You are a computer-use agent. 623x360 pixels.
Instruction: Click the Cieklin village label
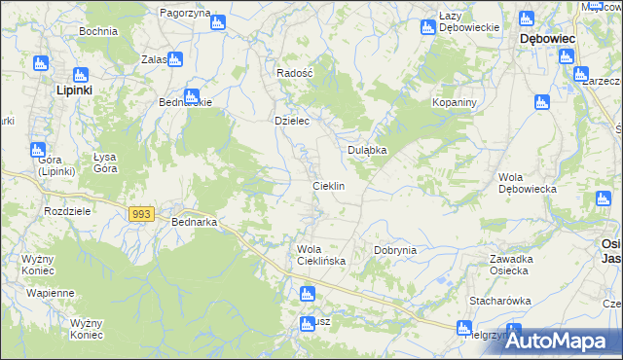click(328, 185)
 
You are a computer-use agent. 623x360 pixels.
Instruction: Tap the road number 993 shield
click(141, 213)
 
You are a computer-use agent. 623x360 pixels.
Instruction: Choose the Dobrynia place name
click(395, 250)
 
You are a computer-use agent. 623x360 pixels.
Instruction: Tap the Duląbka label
click(368, 150)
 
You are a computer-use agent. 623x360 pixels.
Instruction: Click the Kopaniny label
click(453, 102)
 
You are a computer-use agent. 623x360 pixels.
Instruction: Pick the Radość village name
click(294, 73)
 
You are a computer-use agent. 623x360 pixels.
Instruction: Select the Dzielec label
click(291, 121)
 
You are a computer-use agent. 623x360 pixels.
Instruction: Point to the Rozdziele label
click(67, 210)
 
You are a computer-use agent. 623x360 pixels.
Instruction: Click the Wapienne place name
click(51, 293)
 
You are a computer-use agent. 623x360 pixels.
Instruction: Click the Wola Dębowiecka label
click(527, 183)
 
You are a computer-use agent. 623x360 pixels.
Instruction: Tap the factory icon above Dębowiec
click(527, 18)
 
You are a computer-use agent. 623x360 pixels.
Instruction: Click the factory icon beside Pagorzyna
click(216, 18)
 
